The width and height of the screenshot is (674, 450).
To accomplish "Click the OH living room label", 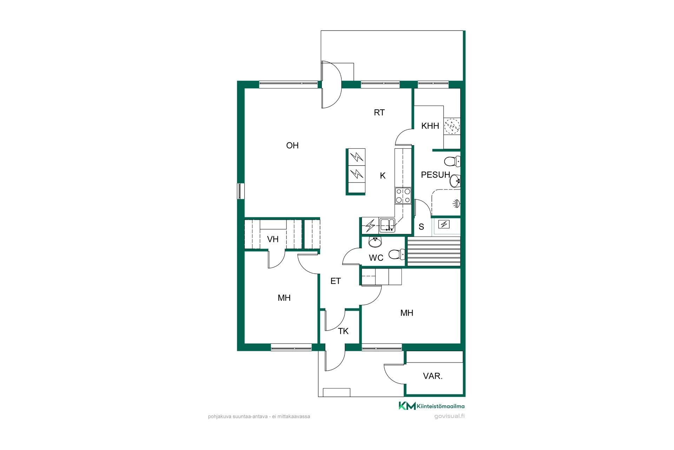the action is coord(292,145).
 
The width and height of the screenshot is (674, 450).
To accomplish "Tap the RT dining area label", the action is coord(379,112).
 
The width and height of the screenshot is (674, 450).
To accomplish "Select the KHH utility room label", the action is coord(430,126).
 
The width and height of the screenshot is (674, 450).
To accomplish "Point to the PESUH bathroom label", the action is coord(435,175).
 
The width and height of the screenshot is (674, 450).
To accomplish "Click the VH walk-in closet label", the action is coord(273,239).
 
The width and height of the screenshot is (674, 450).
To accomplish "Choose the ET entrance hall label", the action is coord(336,281).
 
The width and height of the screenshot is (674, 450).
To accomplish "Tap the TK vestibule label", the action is coord(343,331).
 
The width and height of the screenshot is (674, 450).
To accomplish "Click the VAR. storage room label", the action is coord(433,376).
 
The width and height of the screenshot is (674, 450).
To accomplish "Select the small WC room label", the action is coord(376,258).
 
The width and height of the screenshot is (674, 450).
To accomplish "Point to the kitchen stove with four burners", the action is coord(403,195).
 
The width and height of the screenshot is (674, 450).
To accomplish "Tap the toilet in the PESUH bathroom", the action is coord(452,162).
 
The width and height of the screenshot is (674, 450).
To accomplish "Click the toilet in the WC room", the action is coord(397,254).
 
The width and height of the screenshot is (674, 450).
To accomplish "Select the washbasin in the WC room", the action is coord(375,242).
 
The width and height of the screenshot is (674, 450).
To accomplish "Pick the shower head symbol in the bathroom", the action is coord(456,204).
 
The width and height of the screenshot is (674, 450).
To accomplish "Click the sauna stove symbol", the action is coord(444,224).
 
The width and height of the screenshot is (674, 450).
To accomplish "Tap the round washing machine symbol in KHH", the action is coord(452,126).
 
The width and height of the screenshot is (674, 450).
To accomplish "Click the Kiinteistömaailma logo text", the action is coord(441,406).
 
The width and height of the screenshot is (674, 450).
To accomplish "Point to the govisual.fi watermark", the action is coord(449,416).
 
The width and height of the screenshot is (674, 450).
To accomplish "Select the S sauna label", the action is coord(421,227).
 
